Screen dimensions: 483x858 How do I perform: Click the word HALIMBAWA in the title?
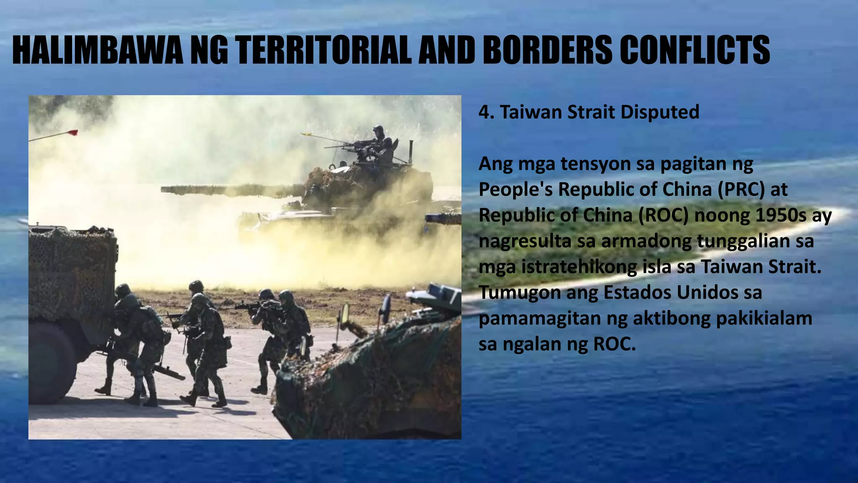coord(97,50)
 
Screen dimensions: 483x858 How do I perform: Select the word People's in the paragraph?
coord(515,190)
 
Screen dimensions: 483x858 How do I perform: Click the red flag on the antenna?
coord(73,133)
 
